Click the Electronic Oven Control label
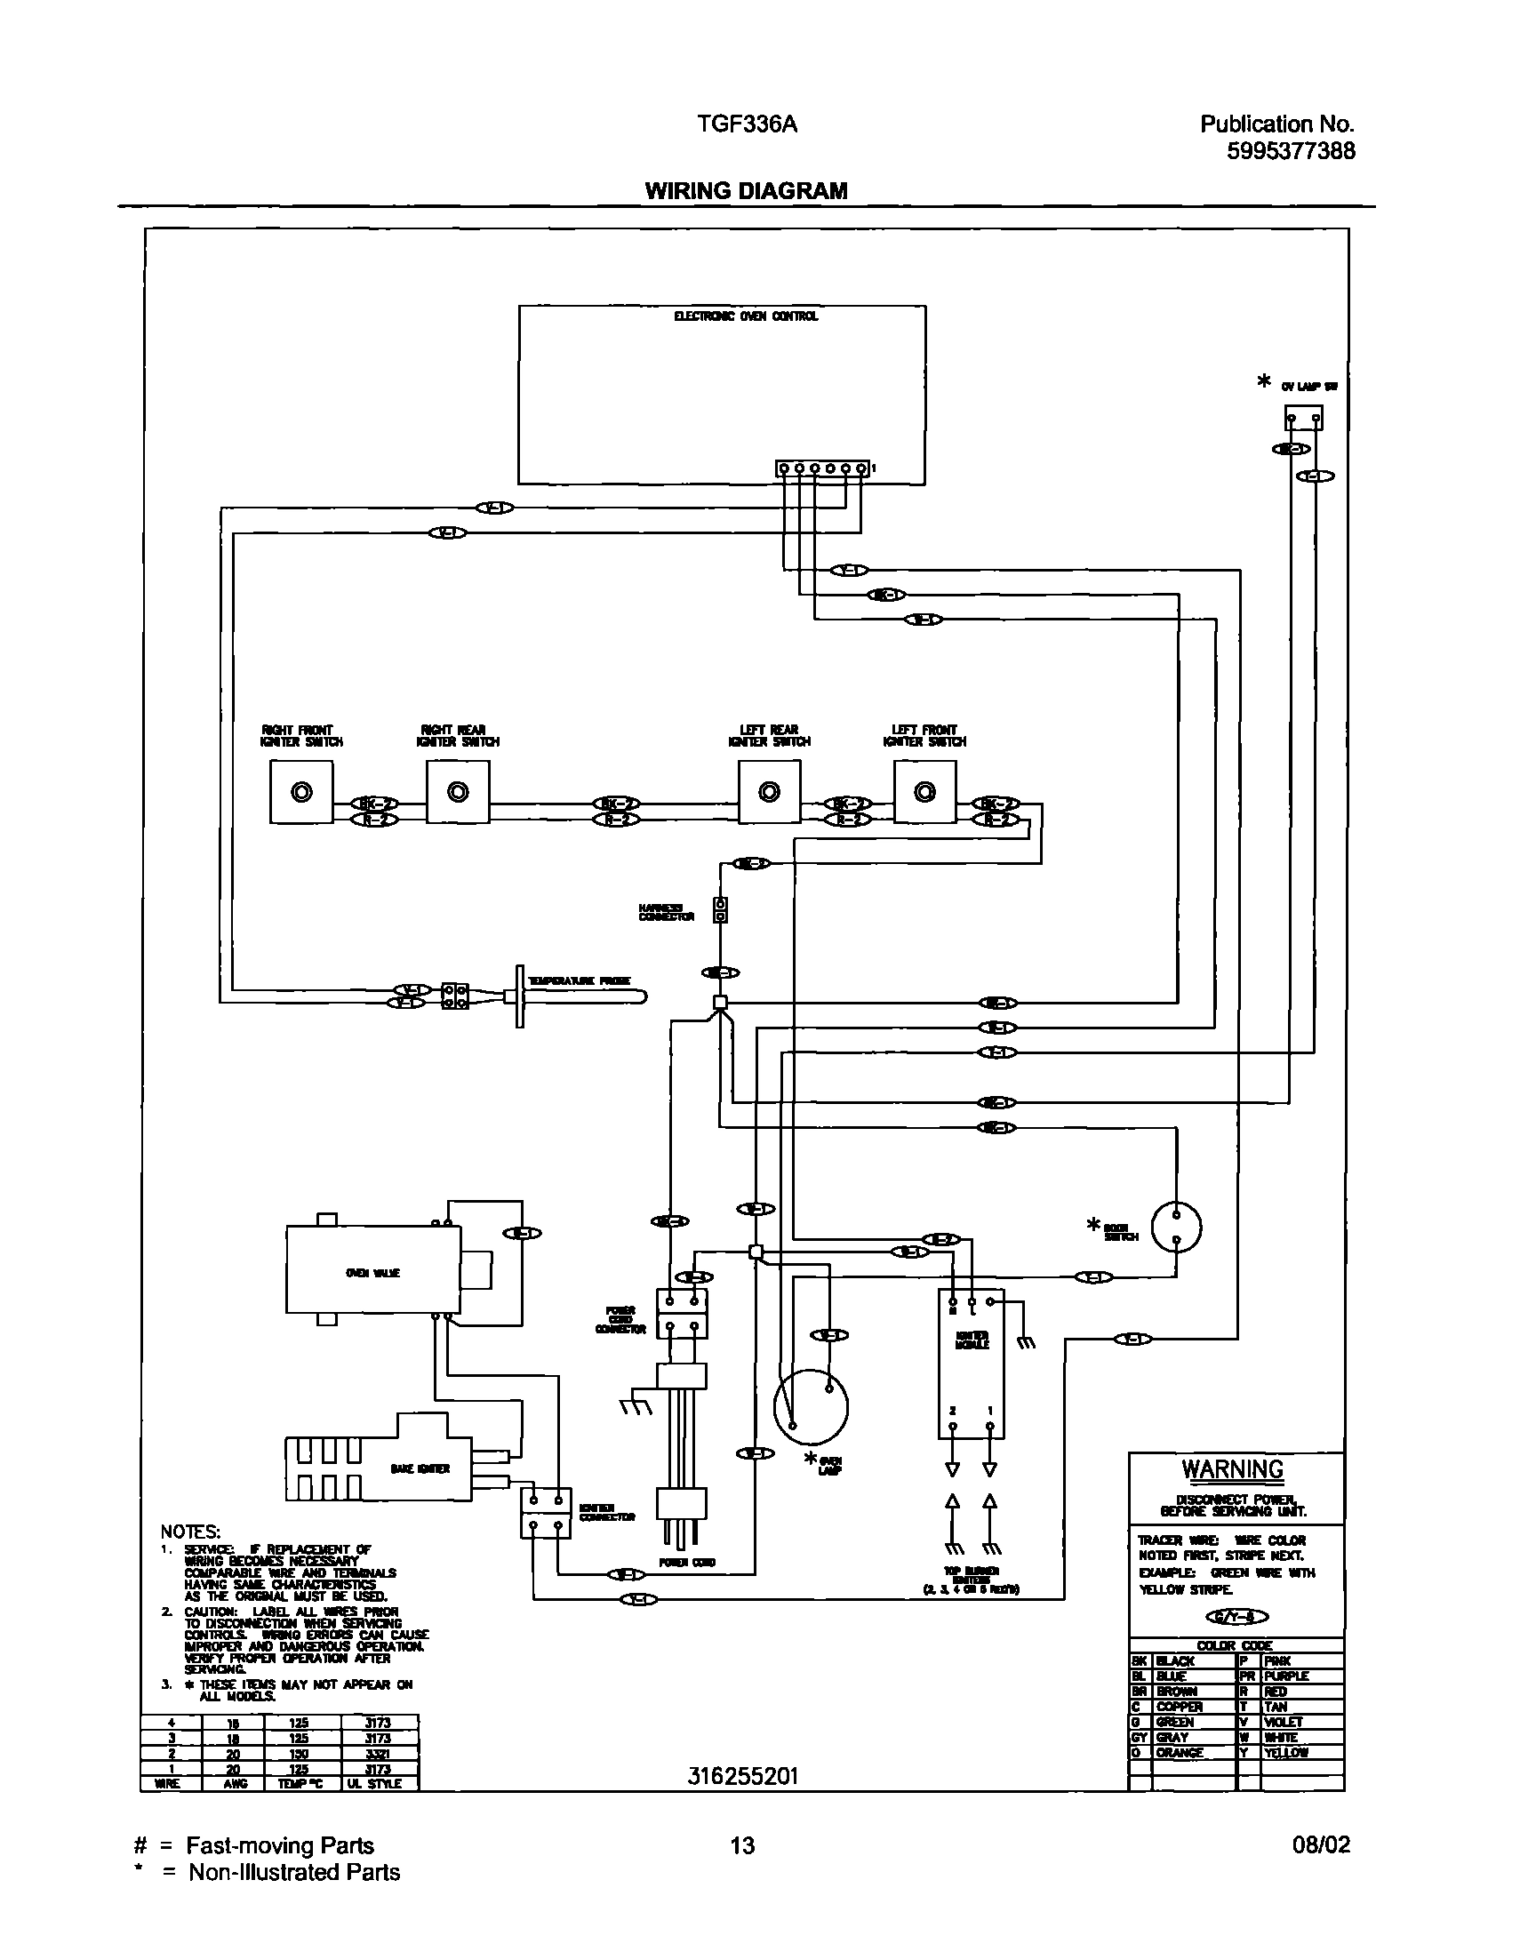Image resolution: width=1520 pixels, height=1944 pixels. [745, 316]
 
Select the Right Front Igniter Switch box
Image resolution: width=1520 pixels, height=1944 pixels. [301, 791]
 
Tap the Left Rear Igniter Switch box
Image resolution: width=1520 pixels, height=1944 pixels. [769, 791]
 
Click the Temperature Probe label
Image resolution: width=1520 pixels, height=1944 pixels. [580, 980]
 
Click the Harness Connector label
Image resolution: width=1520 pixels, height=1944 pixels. [666, 911]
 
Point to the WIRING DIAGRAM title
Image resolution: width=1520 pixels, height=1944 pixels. [746, 190]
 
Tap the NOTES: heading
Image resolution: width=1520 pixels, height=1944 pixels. [189, 1532]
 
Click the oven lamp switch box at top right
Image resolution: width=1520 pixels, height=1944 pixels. [1303, 417]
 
